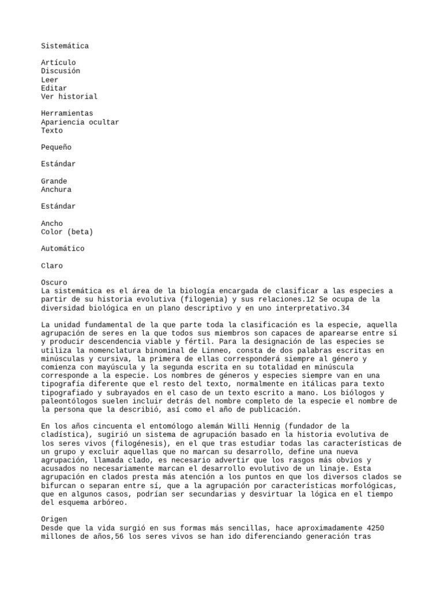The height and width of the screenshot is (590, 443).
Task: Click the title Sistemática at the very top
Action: [65, 46]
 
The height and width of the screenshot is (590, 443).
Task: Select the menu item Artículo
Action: [58, 63]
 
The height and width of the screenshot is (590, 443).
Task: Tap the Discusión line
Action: [61, 71]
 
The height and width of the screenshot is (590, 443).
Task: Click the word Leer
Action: [50, 80]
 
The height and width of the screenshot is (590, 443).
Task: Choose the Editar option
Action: [54, 88]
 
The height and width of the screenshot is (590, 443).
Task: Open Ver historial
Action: [69, 97]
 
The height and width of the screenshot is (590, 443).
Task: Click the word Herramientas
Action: [67, 114]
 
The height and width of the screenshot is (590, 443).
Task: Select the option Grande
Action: [54, 181]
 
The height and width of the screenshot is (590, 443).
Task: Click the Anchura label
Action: [56, 190]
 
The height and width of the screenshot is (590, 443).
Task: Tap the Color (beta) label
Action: [67, 232]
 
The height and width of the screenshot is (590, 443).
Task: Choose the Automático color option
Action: [62, 249]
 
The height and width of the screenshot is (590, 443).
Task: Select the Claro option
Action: [52, 266]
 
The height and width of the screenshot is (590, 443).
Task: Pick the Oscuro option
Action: [54, 283]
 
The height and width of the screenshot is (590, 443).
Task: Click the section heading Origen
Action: [54, 520]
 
